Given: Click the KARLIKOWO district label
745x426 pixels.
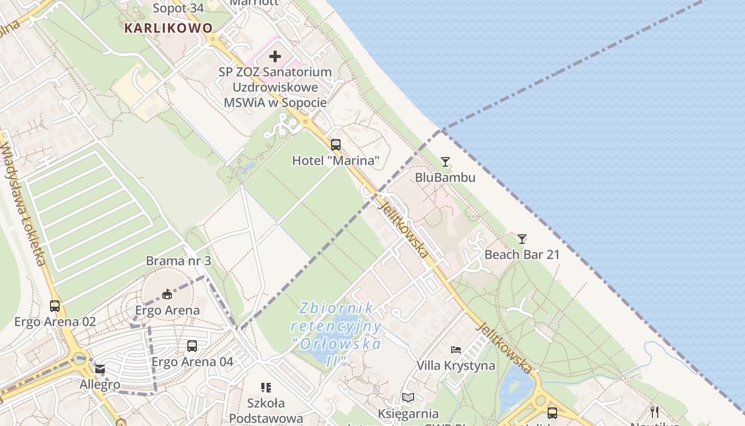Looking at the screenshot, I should tap(168, 28).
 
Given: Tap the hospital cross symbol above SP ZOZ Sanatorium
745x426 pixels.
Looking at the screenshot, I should tap(275, 56).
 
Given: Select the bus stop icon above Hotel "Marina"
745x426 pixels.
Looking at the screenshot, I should tap(336, 144).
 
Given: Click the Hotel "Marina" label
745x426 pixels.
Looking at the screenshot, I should tap(336, 160).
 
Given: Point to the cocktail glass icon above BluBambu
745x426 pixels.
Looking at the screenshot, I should tap(445, 162).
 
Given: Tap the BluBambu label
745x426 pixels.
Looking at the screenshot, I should tap(445, 177).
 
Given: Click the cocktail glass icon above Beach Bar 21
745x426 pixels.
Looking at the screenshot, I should tap(522, 239).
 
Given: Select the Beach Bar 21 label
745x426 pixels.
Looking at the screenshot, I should tap(522, 255).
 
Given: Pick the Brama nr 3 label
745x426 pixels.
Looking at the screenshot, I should tap(178, 261).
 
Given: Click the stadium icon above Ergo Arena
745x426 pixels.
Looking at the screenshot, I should tap(167, 294).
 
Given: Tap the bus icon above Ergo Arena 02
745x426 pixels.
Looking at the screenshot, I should tap(55, 306).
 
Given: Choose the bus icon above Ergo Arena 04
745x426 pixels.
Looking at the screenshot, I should tap(192, 346).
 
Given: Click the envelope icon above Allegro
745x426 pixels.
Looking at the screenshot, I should tap(100, 369).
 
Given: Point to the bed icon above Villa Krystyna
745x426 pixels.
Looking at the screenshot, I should tap(456, 350).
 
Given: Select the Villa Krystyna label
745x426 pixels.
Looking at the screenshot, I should tap(456, 366).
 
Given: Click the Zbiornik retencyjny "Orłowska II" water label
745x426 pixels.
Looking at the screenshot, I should tap(336, 334).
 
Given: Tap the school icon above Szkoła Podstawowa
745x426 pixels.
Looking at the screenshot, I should tap(266, 388).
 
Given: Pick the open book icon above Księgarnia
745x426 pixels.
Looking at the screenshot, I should tap(408, 398).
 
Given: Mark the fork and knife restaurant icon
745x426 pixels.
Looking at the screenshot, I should tap(655, 412).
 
